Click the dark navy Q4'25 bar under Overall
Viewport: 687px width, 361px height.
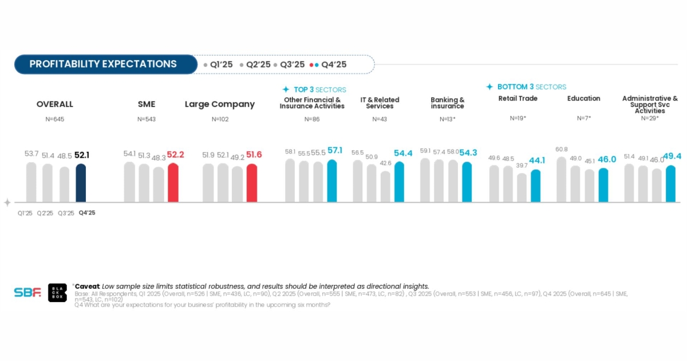pos(81,183)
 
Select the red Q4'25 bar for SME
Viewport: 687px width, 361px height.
pos(173,183)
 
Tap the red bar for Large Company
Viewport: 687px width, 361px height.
pos(251,183)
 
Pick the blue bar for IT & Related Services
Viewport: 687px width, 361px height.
pos(399,182)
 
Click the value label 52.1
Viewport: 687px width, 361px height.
pos(82,155)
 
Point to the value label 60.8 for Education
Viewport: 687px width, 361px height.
pos(562,150)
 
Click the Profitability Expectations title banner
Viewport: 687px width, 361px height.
pos(103,64)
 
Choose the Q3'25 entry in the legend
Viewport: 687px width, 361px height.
pos(289,65)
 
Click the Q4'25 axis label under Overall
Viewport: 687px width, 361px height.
pos(87,213)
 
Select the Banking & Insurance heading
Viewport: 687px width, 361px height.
pos(448,103)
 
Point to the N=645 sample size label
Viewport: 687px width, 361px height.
pos(54,119)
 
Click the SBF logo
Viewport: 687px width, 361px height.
pos(27,292)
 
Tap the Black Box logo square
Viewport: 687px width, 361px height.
pos(57,292)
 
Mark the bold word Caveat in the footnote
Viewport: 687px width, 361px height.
pos(87,286)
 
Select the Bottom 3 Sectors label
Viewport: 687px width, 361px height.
pos(526,87)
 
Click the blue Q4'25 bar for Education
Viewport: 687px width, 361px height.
pos(603,185)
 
